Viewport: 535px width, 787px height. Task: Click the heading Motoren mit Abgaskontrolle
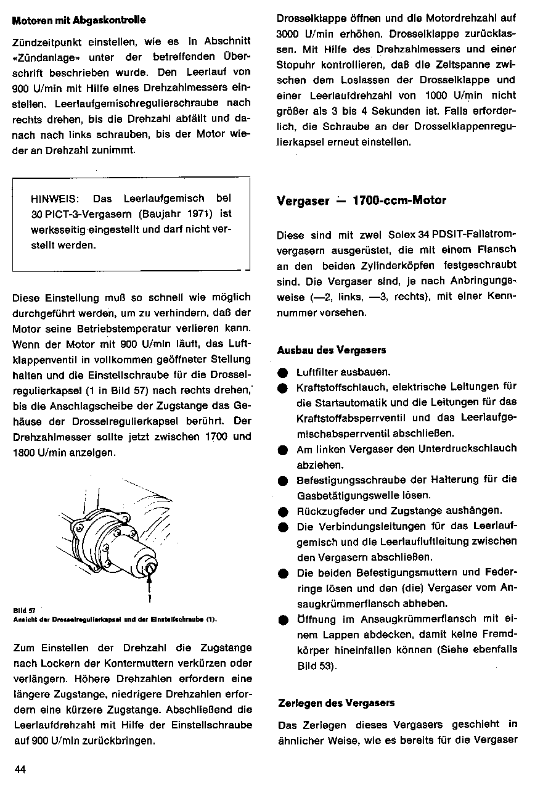coord(79,20)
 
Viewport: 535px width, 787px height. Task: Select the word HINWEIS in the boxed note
coord(54,199)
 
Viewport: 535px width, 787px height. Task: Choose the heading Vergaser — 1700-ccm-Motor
coord(361,200)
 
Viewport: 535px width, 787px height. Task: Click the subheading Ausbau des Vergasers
coord(332,350)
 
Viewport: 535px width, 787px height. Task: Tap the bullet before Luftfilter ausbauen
coord(282,373)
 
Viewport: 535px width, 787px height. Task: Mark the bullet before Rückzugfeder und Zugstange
coord(282,511)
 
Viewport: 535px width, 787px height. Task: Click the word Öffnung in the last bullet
coord(316,619)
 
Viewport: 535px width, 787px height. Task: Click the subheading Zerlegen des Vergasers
coord(336,703)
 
